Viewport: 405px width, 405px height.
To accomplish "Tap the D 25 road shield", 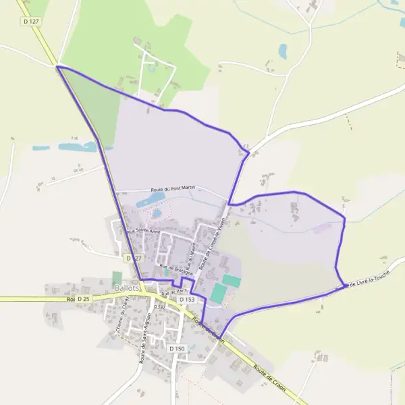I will [x=83, y=298].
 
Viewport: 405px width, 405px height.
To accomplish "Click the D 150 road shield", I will [x=177, y=348].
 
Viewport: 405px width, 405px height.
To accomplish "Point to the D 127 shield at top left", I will [x=30, y=22].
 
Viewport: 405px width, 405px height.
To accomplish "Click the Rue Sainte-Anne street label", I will [x=143, y=231].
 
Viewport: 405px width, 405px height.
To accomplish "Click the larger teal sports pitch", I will [x=218, y=293].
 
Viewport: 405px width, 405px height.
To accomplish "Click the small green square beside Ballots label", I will [x=117, y=277].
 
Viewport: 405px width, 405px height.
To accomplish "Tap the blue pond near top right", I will [x=283, y=50].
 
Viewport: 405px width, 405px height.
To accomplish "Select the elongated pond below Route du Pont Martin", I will [x=151, y=201].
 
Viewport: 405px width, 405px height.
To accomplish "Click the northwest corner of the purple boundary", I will [x=57, y=66].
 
